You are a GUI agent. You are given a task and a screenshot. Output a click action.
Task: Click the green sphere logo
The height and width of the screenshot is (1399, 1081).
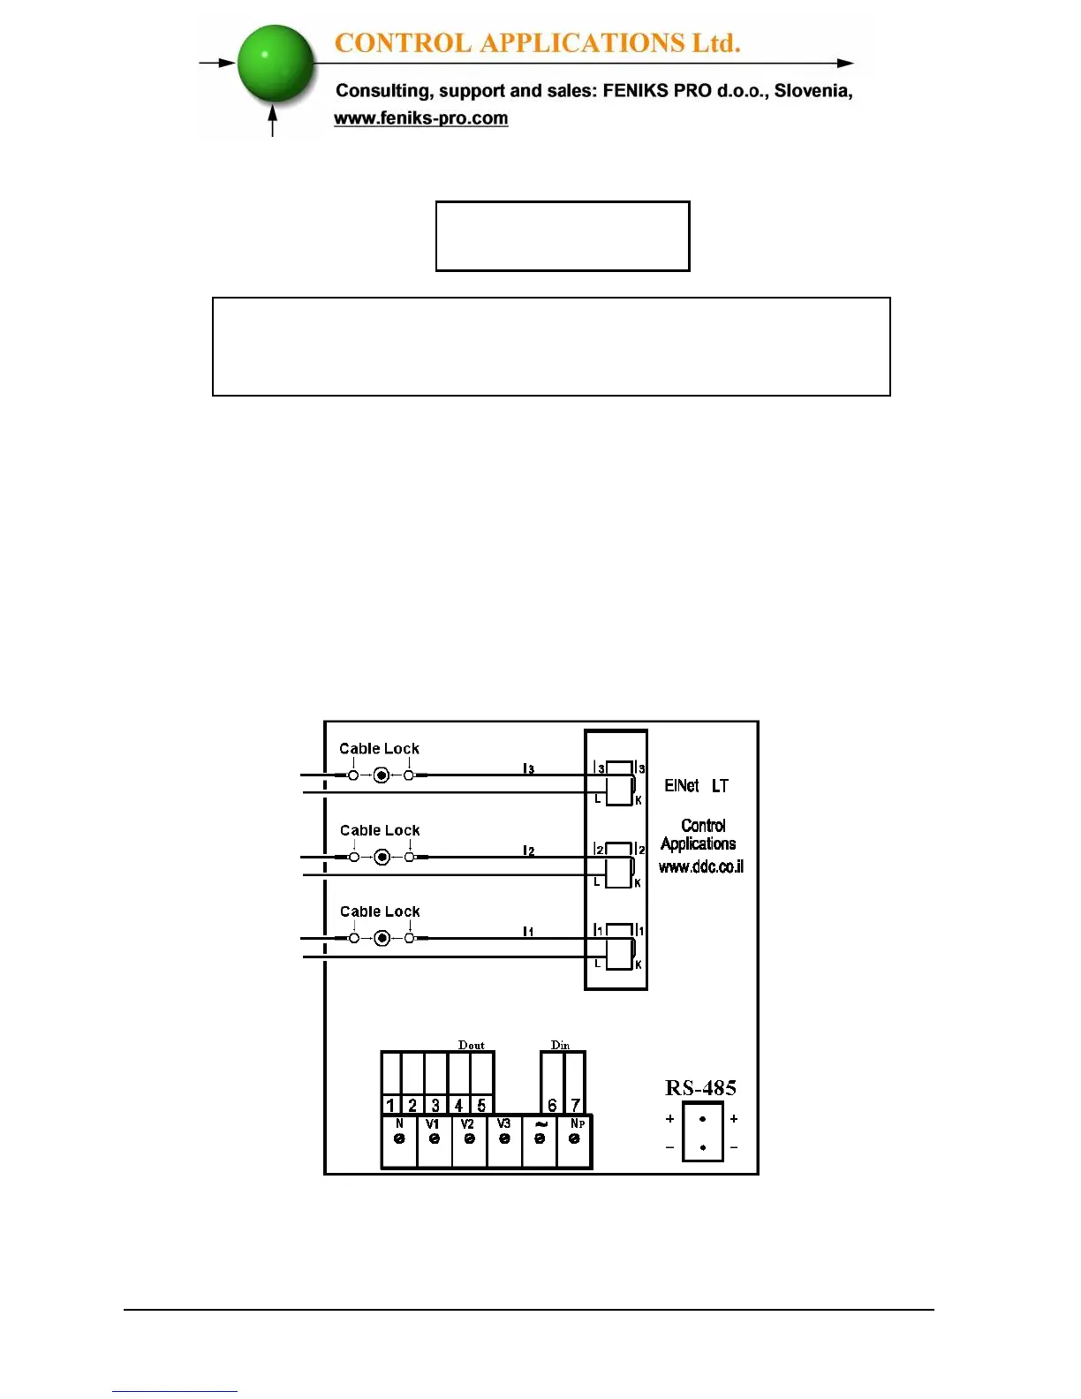276,64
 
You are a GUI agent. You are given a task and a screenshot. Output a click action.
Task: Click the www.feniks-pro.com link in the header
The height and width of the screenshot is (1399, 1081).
420,118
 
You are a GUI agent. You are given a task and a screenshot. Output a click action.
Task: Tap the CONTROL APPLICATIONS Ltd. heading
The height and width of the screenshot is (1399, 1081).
537,42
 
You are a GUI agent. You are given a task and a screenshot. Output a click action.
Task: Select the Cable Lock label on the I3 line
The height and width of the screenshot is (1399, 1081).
379,749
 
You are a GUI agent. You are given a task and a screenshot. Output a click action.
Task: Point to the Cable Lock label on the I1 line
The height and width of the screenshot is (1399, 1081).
380,911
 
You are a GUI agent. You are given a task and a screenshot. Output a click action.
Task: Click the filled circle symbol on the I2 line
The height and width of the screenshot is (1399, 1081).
382,857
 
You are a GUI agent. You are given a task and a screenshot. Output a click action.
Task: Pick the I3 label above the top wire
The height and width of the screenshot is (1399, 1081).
528,768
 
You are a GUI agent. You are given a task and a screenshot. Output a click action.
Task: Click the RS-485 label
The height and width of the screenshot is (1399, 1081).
700,1088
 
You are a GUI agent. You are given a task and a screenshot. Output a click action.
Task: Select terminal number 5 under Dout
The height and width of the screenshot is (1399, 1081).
481,1105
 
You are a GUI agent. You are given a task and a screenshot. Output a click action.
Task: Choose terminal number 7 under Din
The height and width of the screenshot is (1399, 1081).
575,1105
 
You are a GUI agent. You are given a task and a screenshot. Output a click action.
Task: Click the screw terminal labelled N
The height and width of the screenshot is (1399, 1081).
399,1138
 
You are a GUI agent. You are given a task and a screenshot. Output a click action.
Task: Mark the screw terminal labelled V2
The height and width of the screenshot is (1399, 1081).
469,1138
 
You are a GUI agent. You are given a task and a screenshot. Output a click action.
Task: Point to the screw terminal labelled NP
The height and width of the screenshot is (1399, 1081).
575,1138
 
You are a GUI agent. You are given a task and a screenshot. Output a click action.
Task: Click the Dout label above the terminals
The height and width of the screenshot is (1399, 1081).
472,1045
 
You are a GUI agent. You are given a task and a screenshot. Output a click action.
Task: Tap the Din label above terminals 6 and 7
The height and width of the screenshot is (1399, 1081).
560,1045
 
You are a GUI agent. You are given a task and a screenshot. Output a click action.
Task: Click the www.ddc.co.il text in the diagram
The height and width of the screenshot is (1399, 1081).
701,866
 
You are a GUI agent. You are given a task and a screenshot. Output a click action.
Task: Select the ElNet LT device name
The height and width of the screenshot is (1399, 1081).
696,785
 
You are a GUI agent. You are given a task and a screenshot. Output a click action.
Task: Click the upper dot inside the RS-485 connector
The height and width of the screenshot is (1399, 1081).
703,1119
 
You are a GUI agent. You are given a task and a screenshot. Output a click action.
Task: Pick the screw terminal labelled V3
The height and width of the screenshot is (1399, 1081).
504,1138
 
